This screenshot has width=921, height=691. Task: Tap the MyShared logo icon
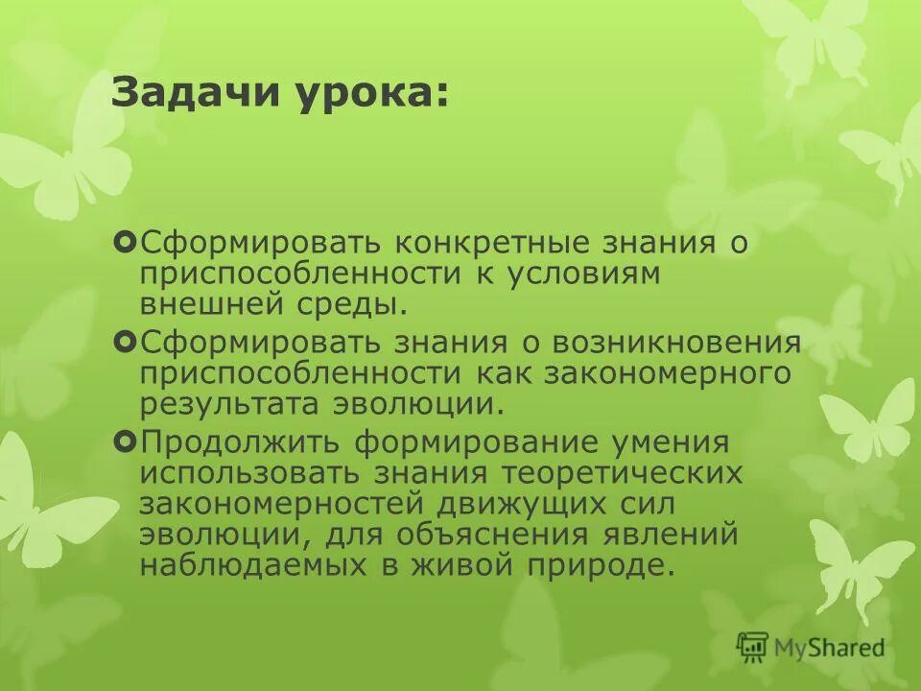pyautogui.click(x=753, y=647)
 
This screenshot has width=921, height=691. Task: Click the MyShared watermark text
pyautogui.click(x=830, y=648)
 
